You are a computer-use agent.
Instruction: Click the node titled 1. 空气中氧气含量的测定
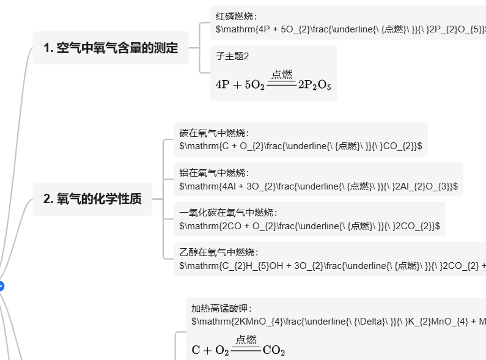(x=111, y=48)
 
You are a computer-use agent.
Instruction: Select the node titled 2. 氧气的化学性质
(x=92, y=199)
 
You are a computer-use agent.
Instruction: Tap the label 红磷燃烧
(x=237, y=17)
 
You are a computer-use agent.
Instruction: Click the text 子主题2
(x=232, y=56)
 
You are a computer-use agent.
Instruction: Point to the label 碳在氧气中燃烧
(x=214, y=133)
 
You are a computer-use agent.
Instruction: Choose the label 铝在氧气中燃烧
(x=214, y=173)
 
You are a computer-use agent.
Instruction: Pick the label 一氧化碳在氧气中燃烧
(x=228, y=213)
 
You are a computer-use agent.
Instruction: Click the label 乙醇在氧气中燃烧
(x=219, y=252)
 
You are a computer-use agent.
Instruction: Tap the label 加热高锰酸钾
(x=221, y=309)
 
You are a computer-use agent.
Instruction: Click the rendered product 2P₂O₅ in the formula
(x=314, y=86)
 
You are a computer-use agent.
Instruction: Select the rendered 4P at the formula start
(x=224, y=86)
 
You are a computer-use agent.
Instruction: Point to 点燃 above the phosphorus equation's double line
(x=282, y=75)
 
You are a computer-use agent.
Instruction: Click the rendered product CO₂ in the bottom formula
(x=273, y=351)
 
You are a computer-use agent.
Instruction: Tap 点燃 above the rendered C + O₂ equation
(x=246, y=340)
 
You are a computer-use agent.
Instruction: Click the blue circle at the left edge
(x=1, y=285)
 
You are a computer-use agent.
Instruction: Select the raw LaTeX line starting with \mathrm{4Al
(x=318, y=186)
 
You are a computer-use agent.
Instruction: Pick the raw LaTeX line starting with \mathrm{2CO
(x=309, y=226)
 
